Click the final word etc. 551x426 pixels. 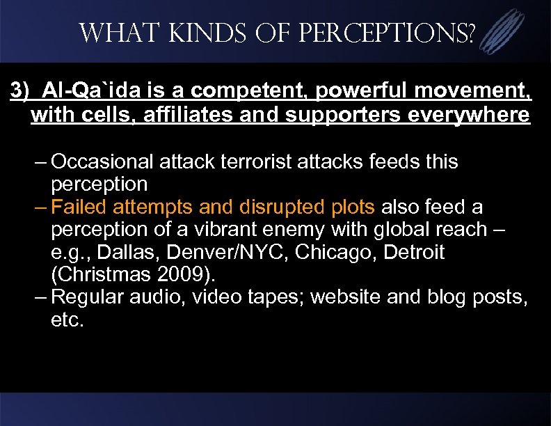click(67, 319)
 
